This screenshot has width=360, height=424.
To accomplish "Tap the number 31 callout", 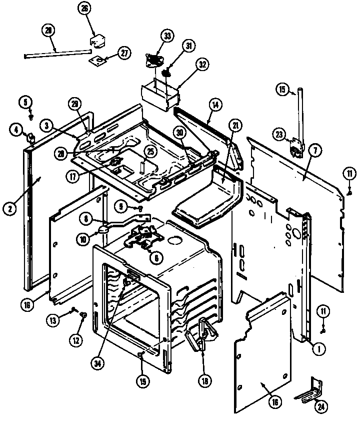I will [x=189, y=46].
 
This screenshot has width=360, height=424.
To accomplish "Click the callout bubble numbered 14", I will [x=215, y=106].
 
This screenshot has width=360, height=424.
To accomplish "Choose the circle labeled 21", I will [x=233, y=125].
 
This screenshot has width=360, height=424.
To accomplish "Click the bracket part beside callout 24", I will [x=307, y=390].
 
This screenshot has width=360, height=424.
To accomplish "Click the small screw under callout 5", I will [x=30, y=116].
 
